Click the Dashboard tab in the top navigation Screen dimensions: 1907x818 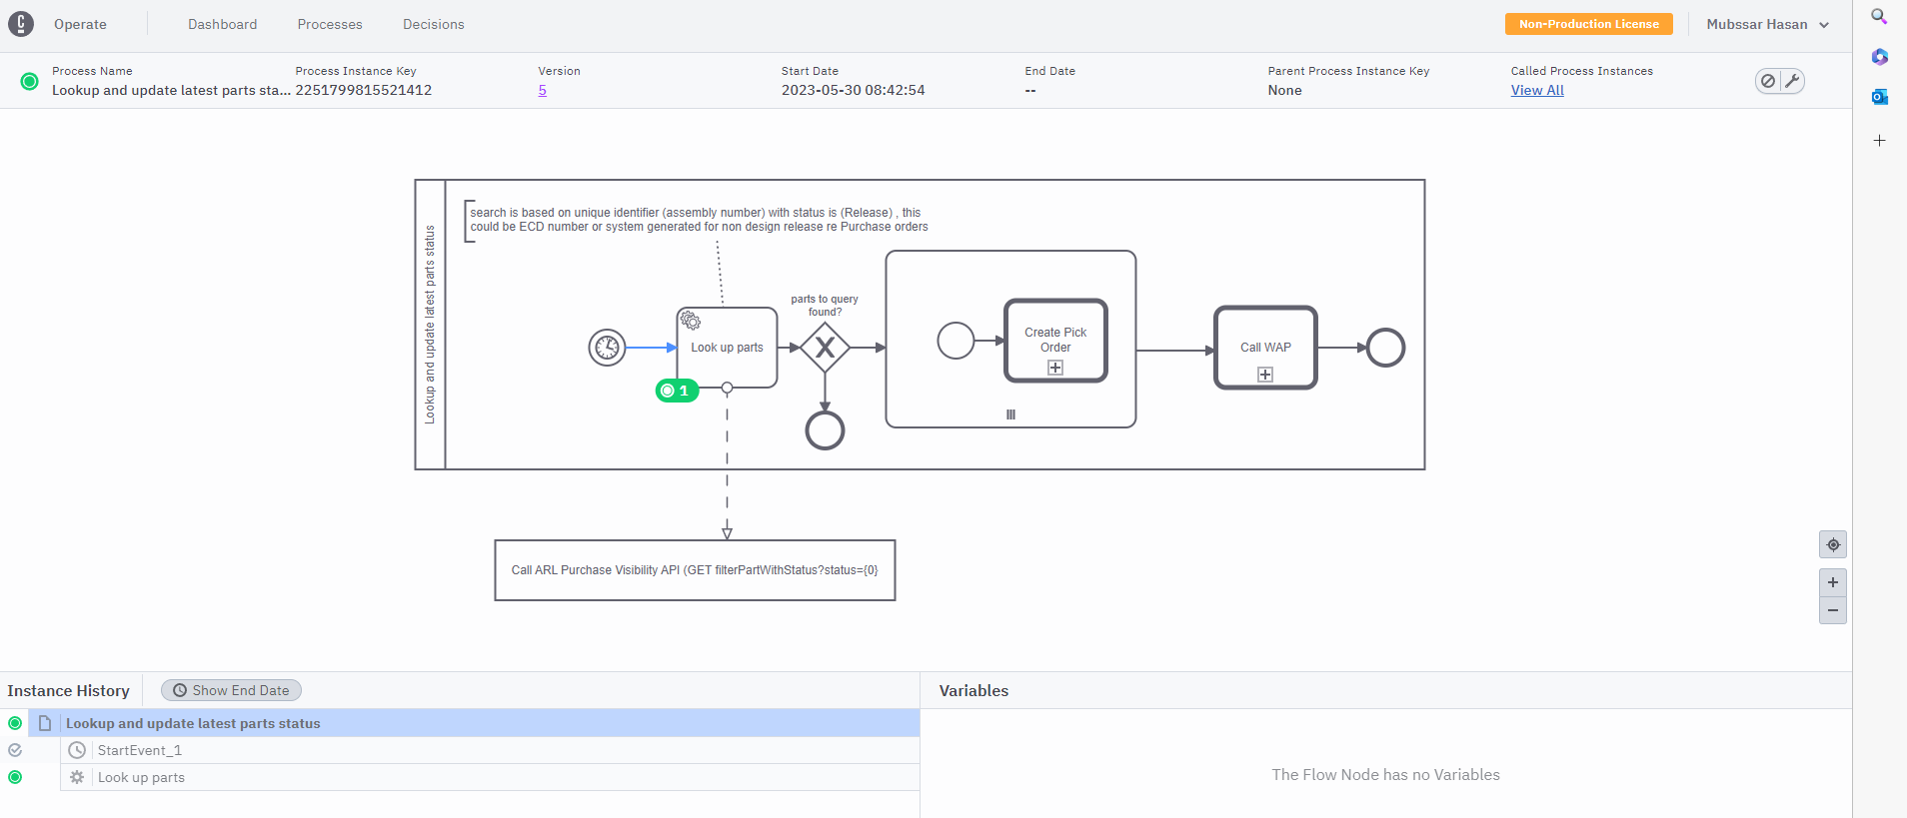[x=222, y=24]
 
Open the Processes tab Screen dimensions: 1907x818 [x=330, y=24]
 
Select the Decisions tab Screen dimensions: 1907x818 [x=434, y=24]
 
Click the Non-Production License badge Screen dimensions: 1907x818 [x=1589, y=24]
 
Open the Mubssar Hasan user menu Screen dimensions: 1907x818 [x=1767, y=24]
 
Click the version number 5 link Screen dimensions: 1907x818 [x=543, y=90]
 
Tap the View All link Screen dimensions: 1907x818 [x=1537, y=90]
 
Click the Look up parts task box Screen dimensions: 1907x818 [x=727, y=348]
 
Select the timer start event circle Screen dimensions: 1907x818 [x=607, y=348]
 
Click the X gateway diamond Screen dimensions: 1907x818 [x=825, y=348]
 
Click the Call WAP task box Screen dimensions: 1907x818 [x=1265, y=348]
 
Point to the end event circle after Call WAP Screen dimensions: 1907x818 [x=1385, y=348]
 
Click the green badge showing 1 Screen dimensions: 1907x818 [x=677, y=391]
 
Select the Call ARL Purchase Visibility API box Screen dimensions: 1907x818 [x=695, y=570]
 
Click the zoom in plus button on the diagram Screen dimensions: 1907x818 [x=1833, y=582]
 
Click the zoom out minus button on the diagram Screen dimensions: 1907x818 [x=1833, y=610]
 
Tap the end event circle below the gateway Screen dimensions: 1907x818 [x=825, y=430]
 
